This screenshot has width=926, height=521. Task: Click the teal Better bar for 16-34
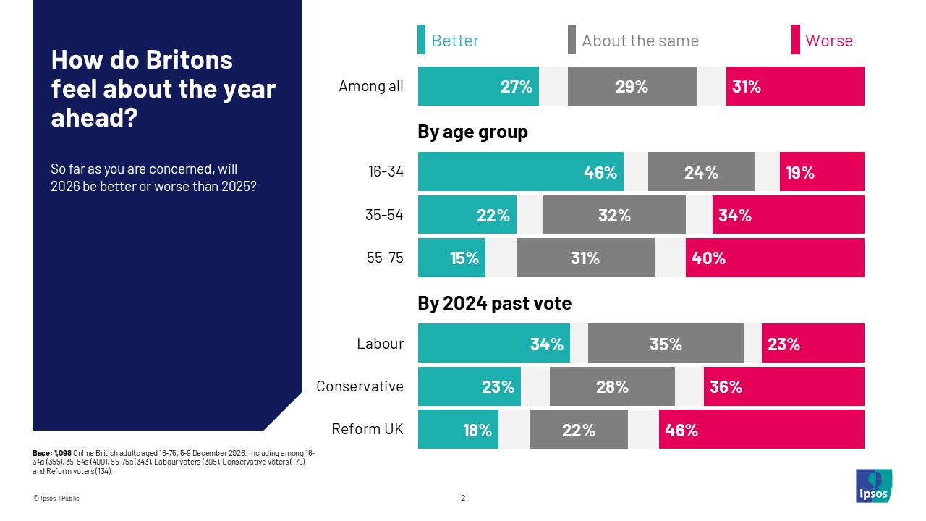[x=520, y=171]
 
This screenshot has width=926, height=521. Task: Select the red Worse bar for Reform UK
[x=761, y=430]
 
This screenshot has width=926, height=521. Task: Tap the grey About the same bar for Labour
[x=666, y=343]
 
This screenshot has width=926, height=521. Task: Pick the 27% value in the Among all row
[x=517, y=87]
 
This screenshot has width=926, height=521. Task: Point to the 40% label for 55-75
[x=709, y=258]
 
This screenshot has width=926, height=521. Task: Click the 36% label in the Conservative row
[x=726, y=387]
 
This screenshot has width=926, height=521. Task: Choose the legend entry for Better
[x=455, y=41]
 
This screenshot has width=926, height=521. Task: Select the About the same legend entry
[x=640, y=41]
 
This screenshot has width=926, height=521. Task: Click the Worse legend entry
[x=828, y=41]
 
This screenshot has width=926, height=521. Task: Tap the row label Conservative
[x=360, y=386]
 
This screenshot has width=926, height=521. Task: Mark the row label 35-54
[x=385, y=215]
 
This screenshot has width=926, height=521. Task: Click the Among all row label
[x=370, y=87]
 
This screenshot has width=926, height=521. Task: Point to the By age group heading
[x=472, y=132]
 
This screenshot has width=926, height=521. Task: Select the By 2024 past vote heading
[x=494, y=304]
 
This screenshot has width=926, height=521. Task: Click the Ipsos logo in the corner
[x=873, y=486]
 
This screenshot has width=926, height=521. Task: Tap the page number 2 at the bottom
[x=463, y=498]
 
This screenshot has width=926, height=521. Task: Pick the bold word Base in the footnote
[x=42, y=452]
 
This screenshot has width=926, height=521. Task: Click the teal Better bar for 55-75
[x=451, y=258]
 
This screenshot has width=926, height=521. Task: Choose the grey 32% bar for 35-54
[x=613, y=215]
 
